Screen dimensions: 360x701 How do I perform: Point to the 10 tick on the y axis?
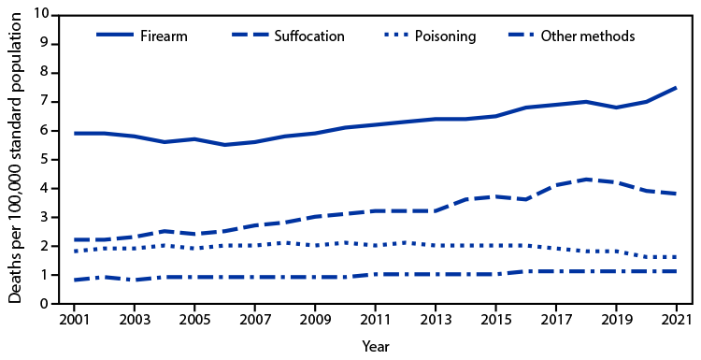pyautogui.click(x=41, y=15)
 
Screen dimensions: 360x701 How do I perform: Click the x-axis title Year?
pyautogui.click(x=375, y=345)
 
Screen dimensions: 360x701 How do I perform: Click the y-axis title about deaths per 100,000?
pyautogui.click(x=15, y=159)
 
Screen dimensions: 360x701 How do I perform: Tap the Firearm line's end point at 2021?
pyautogui.click(x=676, y=88)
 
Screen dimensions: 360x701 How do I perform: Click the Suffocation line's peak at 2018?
pyautogui.click(x=586, y=180)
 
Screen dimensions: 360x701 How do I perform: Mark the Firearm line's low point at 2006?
pyautogui.click(x=224, y=145)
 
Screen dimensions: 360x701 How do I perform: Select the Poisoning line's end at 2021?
pyautogui.click(x=676, y=257)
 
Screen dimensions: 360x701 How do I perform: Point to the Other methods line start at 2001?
pyautogui.click(x=74, y=280)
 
